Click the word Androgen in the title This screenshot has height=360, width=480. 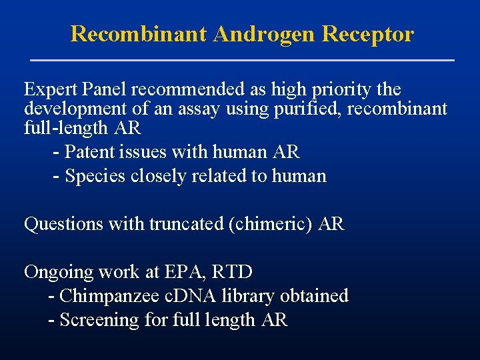click(x=264, y=34)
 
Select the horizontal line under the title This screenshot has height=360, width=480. click(x=243, y=61)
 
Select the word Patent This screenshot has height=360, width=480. click(x=89, y=152)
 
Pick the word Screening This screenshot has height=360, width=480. click(x=99, y=320)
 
